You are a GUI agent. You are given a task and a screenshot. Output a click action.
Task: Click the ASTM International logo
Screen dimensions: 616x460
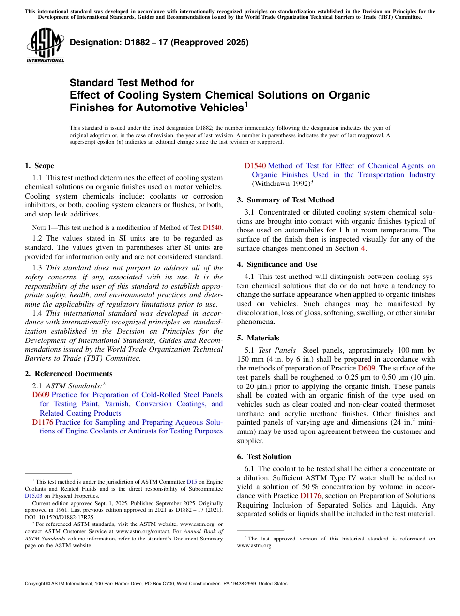[x=45, y=46]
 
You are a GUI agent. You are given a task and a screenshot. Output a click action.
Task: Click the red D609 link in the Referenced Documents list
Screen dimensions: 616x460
[x=41, y=395]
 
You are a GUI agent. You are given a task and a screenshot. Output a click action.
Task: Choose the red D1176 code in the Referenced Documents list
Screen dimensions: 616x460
[x=43, y=422]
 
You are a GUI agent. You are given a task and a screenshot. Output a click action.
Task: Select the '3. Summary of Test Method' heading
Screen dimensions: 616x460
[x=285, y=200]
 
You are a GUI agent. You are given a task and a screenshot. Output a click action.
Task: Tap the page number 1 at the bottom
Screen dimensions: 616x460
[x=230, y=595]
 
